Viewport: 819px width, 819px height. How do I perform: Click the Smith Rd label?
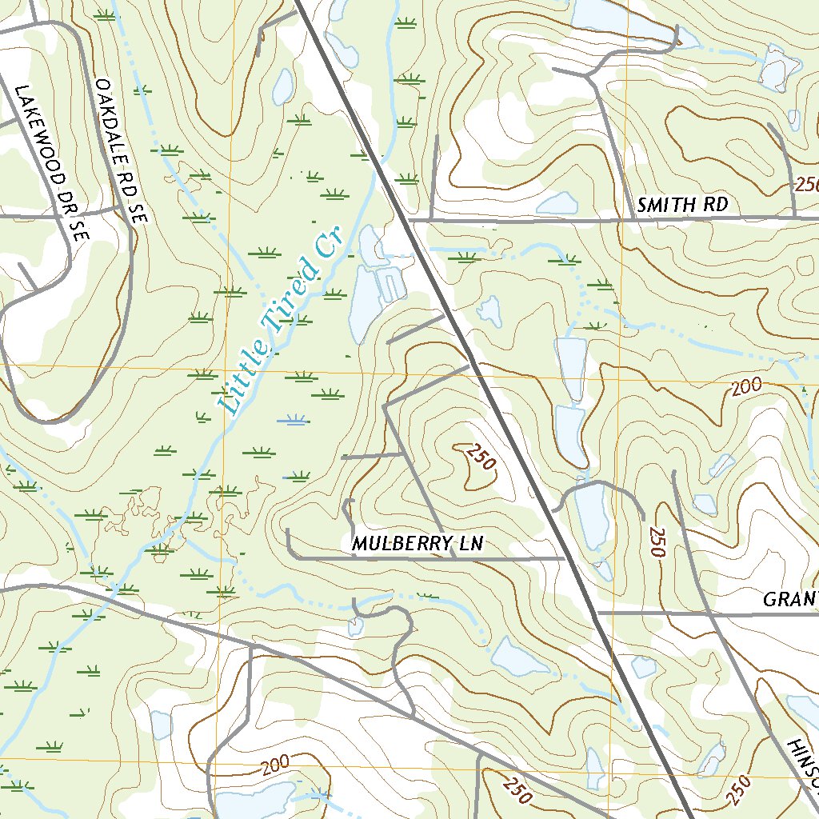click(682, 205)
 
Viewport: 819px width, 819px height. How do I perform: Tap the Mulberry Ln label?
click(417, 544)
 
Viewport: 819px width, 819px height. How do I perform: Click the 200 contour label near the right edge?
click(745, 387)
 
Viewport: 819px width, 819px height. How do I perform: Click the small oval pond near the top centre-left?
click(282, 86)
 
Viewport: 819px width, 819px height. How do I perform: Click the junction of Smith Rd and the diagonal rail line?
click(411, 218)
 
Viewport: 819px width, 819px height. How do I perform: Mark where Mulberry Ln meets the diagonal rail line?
click(565, 558)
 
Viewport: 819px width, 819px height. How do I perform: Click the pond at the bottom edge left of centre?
click(254, 800)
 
